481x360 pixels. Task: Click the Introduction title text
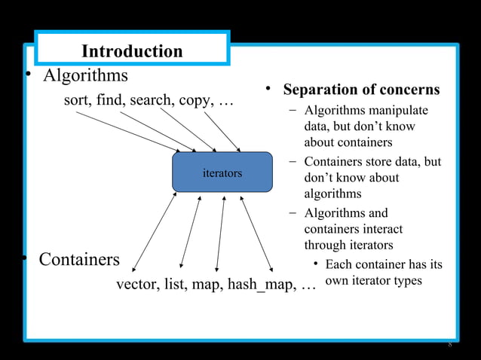coord(132,51)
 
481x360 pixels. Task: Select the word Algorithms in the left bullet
coord(84,76)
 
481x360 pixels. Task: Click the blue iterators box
coord(222,172)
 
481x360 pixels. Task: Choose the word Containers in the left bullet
coord(79,260)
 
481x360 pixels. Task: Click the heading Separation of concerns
coord(361,90)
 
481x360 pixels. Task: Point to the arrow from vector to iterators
coord(155,231)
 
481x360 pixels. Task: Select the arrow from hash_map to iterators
coord(256,233)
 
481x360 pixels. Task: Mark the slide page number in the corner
coord(449,346)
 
